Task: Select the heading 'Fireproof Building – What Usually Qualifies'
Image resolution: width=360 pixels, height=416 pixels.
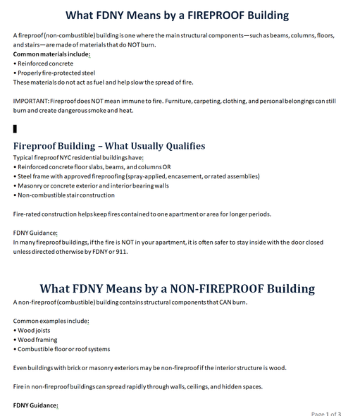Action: pos(109,146)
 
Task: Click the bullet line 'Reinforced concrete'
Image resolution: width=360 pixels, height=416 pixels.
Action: pos(44,63)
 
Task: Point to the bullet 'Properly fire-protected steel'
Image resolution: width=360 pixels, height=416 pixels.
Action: pos(55,73)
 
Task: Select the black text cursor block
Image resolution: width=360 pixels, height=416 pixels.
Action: pos(15,128)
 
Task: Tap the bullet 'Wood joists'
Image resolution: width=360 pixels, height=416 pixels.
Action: pos(35,329)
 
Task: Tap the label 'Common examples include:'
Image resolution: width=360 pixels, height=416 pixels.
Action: pos(51,320)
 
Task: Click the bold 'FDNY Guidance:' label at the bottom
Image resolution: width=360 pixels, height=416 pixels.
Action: pos(36,405)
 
